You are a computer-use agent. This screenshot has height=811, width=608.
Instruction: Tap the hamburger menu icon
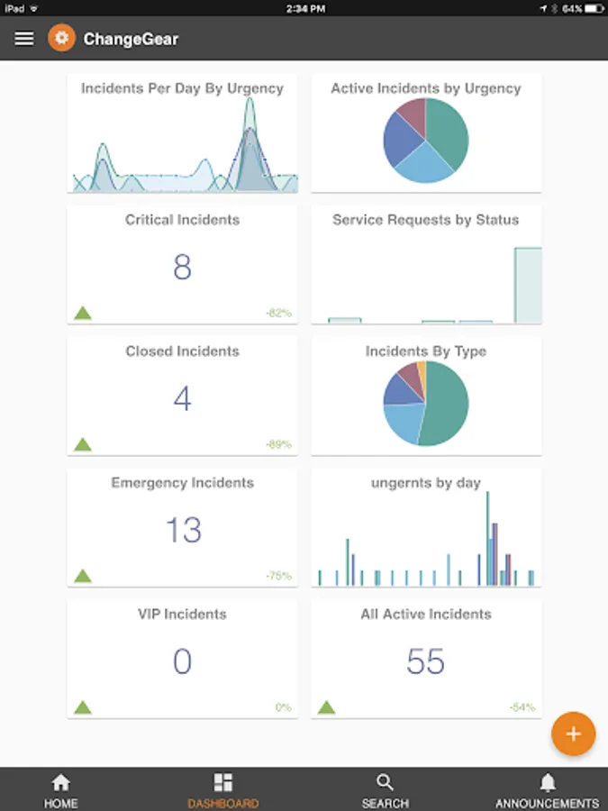pyautogui.click(x=24, y=39)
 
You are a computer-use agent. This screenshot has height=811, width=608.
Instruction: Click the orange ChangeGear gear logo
pyautogui.click(x=61, y=39)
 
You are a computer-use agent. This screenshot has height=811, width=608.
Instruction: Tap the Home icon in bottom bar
pyautogui.click(x=60, y=782)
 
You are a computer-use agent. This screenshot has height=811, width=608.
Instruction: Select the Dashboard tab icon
pyautogui.click(x=222, y=782)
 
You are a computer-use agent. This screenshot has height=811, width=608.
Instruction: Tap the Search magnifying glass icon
pyautogui.click(x=385, y=782)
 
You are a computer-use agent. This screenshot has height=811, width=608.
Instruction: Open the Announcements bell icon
pyautogui.click(x=547, y=782)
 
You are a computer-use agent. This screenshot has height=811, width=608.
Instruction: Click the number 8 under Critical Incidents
pyautogui.click(x=182, y=268)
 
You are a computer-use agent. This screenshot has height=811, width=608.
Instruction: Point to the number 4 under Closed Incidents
pyautogui.click(x=182, y=399)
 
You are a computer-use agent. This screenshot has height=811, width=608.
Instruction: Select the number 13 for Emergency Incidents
pyautogui.click(x=183, y=531)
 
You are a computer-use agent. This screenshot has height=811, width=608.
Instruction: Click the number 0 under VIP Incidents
pyautogui.click(x=182, y=662)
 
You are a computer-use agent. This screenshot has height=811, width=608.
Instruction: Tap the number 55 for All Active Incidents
pyautogui.click(x=425, y=662)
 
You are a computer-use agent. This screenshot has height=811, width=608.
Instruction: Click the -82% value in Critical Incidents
pyautogui.click(x=278, y=313)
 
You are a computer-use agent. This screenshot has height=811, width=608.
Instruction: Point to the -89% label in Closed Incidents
pyautogui.click(x=278, y=444)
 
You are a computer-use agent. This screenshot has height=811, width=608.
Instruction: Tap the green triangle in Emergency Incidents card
pyautogui.click(x=83, y=575)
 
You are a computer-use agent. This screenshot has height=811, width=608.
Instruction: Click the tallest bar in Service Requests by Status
pyautogui.click(x=528, y=285)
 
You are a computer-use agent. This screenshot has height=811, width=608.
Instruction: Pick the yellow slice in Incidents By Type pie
pyautogui.click(x=422, y=369)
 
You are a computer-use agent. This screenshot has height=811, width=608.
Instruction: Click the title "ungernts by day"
pyautogui.click(x=426, y=483)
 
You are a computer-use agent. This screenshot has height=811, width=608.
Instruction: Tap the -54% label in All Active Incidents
pyautogui.click(x=522, y=707)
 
